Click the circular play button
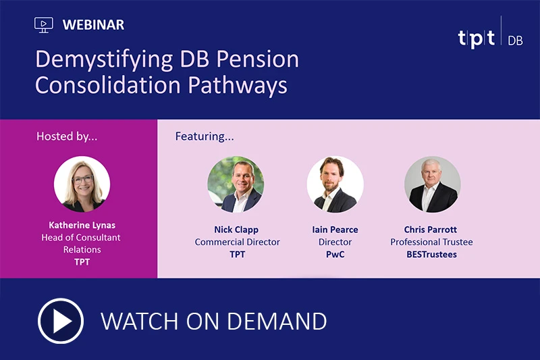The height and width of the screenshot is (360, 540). [x=61, y=321]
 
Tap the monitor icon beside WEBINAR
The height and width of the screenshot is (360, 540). [x=43, y=25]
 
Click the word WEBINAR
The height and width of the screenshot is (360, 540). [x=93, y=25]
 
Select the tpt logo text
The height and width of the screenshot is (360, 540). [x=476, y=39]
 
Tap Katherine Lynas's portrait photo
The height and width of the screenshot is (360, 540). [x=82, y=184]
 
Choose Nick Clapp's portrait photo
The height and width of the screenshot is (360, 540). [x=236, y=184]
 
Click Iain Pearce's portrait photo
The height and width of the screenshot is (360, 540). [x=335, y=184]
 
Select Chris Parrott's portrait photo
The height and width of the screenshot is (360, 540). [x=432, y=184]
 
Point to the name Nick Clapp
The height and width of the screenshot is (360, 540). [x=237, y=230]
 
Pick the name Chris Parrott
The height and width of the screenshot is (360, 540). [x=431, y=230]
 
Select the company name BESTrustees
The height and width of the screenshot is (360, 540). [x=431, y=255]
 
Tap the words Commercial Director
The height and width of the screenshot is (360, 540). [x=237, y=242]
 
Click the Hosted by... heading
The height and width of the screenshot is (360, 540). [x=67, y=136]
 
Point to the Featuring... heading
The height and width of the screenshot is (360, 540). [x=205, y=136]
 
